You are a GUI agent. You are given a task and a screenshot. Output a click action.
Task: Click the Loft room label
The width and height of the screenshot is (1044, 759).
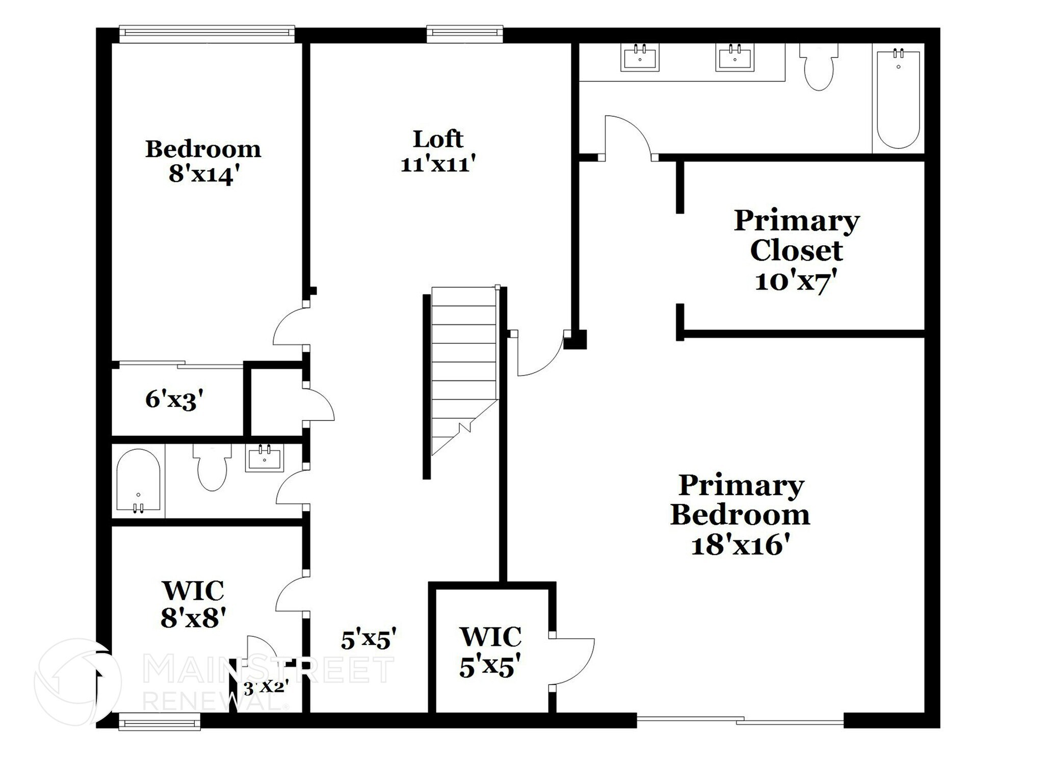point(437,139)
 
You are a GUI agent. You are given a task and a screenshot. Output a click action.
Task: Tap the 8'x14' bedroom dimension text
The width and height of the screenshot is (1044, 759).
point(204,175)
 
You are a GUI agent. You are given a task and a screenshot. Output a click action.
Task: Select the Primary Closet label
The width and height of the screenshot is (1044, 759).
point(796,235)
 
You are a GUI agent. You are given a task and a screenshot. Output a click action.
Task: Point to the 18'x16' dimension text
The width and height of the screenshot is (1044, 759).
point(741,545)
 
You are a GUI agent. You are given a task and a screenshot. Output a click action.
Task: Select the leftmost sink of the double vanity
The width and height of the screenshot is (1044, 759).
point(640,58)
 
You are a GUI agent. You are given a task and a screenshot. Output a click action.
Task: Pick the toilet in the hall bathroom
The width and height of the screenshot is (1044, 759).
point(212,468)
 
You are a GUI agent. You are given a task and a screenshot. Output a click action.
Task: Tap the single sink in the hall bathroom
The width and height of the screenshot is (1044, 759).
point(264,458)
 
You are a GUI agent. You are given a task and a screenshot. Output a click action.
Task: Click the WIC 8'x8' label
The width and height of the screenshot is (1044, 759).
point(193,605)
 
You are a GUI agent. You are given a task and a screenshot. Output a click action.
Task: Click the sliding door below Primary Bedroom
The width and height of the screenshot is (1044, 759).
point(740,720)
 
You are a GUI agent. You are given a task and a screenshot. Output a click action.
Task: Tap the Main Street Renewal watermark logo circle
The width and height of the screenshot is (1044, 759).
point(78,682)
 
